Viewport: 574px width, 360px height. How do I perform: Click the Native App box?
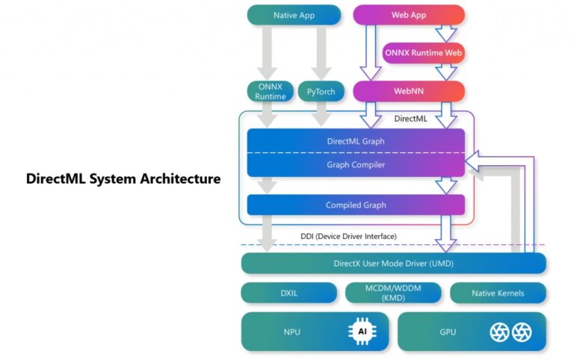[x=294, y=15]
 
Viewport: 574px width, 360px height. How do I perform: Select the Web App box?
[x=409, y=15]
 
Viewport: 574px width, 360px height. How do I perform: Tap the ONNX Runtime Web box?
[x=423, y=53]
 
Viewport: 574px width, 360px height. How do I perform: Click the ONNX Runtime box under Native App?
[x=270, y=92]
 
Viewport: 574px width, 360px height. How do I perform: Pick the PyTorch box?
[x=321, y=92]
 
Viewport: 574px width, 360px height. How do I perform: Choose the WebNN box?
[x=409, y=92]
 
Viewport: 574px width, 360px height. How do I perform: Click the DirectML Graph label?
[x=356, y=140]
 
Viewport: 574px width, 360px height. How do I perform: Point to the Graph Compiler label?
[x=356, y=164]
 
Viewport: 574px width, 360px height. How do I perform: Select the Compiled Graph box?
[x=356, y=205]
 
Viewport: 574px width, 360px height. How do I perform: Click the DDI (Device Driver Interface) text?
[x=348, y=236]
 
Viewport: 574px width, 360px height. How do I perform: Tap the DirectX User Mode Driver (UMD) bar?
[x=393, y=263]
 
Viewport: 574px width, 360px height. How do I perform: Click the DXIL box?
[x=288, y=293]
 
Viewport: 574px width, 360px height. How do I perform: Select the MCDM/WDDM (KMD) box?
[x=393, y=293]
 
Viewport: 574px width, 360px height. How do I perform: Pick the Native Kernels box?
[x=498, y=293]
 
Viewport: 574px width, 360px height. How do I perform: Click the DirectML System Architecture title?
[x=123, y=179]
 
